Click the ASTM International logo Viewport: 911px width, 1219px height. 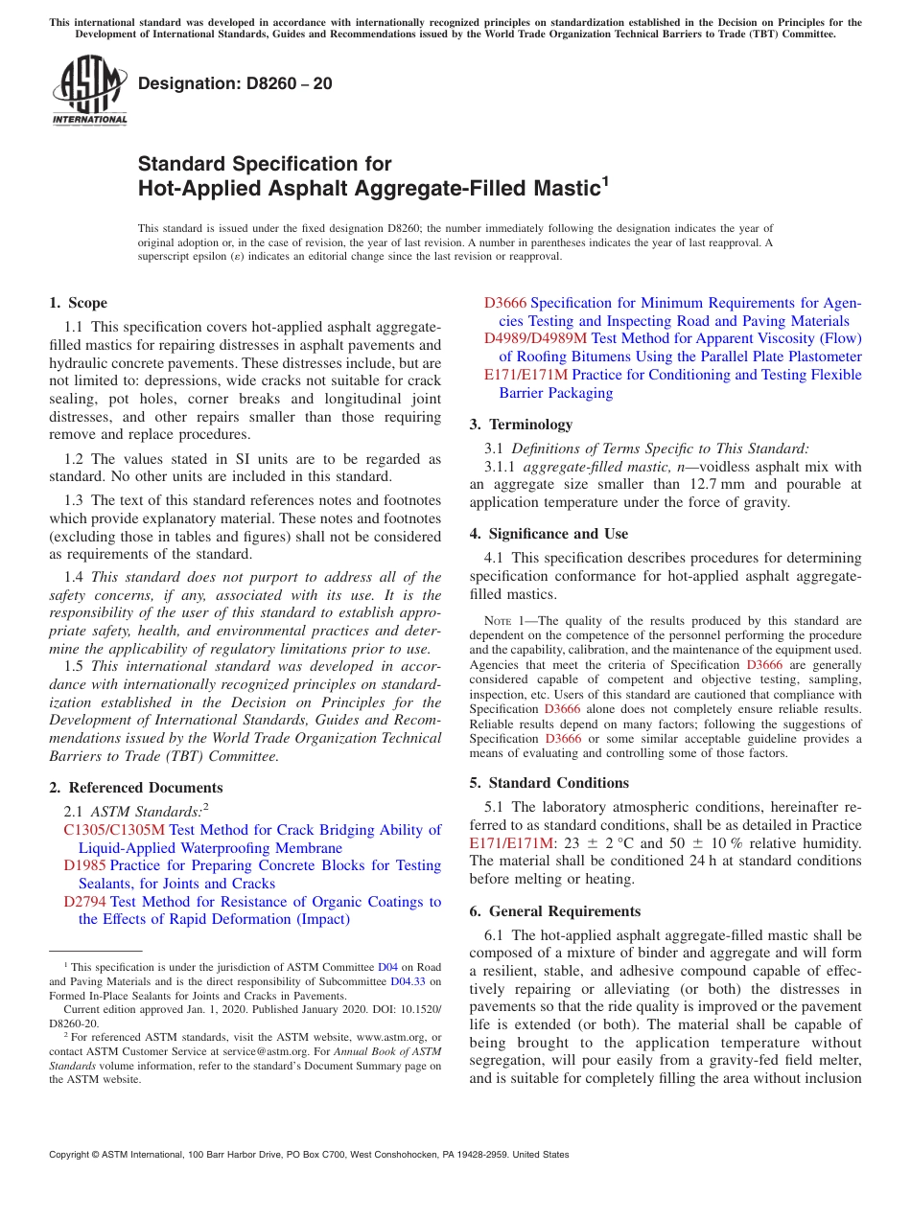pyautogui.click(x=89, y=90)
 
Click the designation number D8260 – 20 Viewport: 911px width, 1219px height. pyautogui.click(x=235, y=83)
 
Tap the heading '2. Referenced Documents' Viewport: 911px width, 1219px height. pyautogui.click(x=135, y=788)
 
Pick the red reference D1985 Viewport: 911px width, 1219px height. pyautogui.click(x=84, y=865)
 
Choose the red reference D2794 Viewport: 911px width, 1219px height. pyautogui.click(x=84, y=901)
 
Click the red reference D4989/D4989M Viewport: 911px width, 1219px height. pyautogui.click(x=535, y=338)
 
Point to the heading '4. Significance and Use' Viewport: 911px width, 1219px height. pyautogui.click(x=549, y=534)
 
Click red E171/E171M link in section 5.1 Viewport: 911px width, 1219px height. pyautogui.click(x=512, y=843)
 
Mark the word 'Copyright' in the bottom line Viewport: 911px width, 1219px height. pyautogui.click(x=73, y=1155)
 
